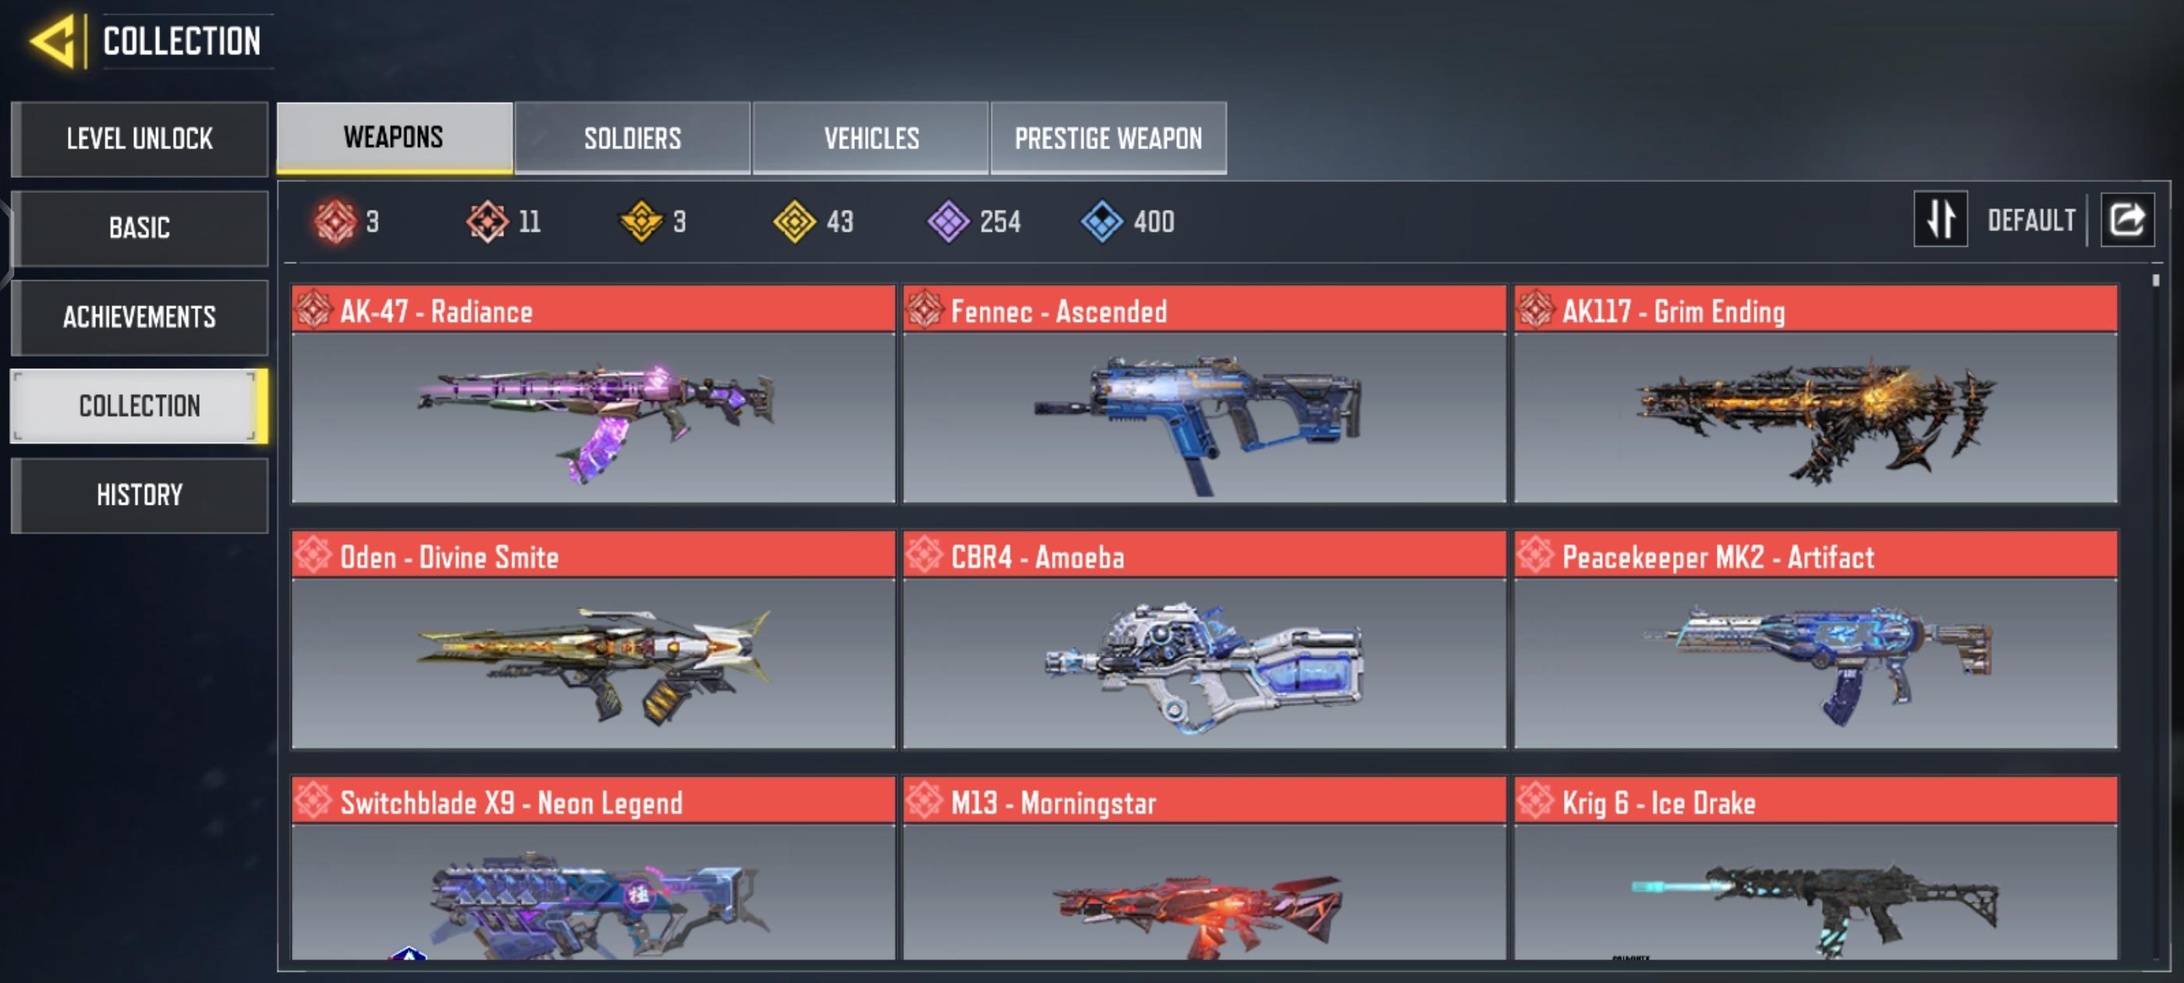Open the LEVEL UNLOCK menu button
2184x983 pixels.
coord(140,139)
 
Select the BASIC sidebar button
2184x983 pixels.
coord(140,228)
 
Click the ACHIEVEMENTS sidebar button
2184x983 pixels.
coord(140,318)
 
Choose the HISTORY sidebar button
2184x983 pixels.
coord(140,495)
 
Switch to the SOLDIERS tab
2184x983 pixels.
coord(633,138)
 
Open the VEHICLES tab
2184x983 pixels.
coord(870,138)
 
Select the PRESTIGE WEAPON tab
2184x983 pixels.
coord(1108,138)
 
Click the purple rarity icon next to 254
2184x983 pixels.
coord(948,222)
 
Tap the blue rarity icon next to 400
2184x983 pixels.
coord(1101,222)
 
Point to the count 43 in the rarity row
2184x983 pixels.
coord(839,222)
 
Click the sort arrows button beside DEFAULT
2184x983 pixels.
coord(1940,220)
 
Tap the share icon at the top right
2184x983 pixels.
coord(2126,220)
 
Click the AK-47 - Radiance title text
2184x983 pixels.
coord(436,312)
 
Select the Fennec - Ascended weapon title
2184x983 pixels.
coord(1058,312)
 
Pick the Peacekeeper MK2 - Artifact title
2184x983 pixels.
coord(1718,558)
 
